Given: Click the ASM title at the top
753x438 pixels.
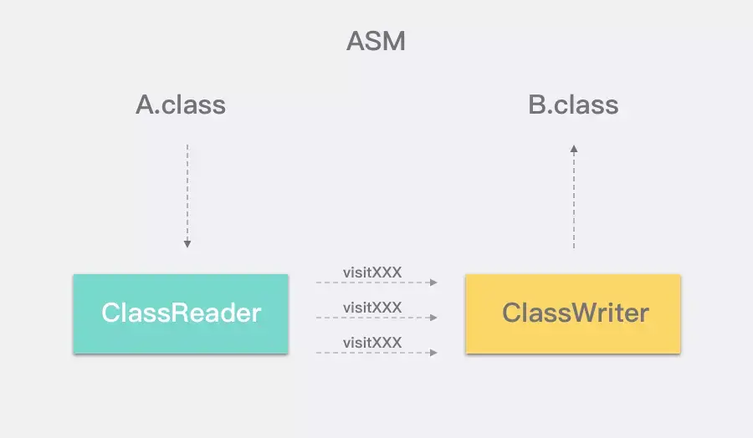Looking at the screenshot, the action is click(376, 41).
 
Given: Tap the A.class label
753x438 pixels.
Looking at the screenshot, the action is click(181, 104).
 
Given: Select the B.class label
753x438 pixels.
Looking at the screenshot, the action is click(573, 104).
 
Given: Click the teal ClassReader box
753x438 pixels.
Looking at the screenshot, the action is click(181, 313).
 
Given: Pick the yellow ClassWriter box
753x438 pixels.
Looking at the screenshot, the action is click(573, 313).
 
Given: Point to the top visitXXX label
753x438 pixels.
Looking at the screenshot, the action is click(372, 272).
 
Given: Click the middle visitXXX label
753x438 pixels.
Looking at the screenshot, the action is click(372, 308).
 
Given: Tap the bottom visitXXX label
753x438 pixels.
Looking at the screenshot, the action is click(372, 343).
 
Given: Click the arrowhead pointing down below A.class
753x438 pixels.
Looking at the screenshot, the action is click(187, 244).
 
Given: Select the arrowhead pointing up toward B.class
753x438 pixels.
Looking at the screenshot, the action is click(574, 149).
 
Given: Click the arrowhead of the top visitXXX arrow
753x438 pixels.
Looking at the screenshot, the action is click(433, 283).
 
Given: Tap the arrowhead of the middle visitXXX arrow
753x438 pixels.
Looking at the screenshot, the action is click(433, 318).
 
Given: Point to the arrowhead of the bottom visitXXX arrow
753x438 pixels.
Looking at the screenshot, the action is click(433, 353).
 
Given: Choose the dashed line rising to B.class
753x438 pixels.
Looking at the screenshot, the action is click(574, 196).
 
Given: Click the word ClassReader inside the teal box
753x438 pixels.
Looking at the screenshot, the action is click(181, 313).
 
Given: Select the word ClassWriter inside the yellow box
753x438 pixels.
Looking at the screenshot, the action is click(576, 313).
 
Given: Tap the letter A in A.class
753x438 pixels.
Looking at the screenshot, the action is click(145, 104).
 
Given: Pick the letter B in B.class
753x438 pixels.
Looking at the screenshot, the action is click(537, 104).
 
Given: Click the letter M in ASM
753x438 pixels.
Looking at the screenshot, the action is click(395, 41).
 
